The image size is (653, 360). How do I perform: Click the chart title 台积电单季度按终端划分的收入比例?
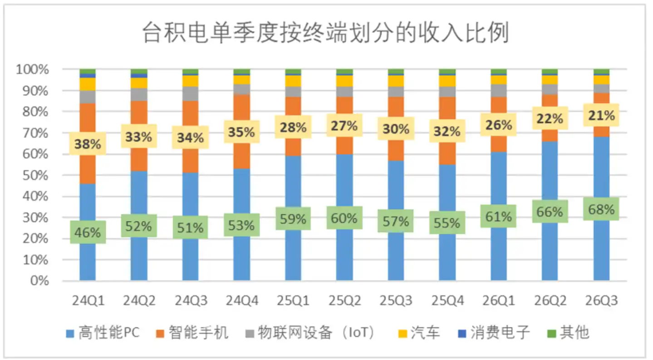[x=325, y=33]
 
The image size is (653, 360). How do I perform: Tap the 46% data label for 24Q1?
[x=88, y=232]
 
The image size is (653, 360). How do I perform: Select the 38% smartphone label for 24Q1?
[x=88, y=144]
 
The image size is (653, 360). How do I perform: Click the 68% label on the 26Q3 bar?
[x=601, y=209]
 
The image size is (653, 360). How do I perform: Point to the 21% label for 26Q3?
[x=601, y=115]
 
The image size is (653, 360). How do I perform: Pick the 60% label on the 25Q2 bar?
[x=344, y=218]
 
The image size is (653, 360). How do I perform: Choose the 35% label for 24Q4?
[x=242, y=132]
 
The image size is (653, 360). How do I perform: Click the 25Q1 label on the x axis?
[x=293, y=301]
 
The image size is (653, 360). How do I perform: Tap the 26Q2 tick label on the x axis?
[x=550, y=301]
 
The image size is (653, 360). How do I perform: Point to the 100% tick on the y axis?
[x=32, y=69]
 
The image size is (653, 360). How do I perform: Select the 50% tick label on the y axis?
[x=35, y=175]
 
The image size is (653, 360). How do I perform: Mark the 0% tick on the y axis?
[x=39, y=281]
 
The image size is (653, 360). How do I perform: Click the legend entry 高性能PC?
[x=103, y=333]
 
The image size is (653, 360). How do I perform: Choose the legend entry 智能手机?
[x=192, y=333]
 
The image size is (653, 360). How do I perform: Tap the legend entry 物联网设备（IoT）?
[x=311, y=333]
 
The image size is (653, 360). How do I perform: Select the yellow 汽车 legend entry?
[x=419, y=333]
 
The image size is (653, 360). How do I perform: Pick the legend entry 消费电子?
[x=494, y=333]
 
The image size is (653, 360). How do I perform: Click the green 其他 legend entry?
[x=569, y=333]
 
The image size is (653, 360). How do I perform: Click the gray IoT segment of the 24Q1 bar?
[x=88, y=97]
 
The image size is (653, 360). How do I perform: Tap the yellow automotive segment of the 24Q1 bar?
[x=88, y=84]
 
